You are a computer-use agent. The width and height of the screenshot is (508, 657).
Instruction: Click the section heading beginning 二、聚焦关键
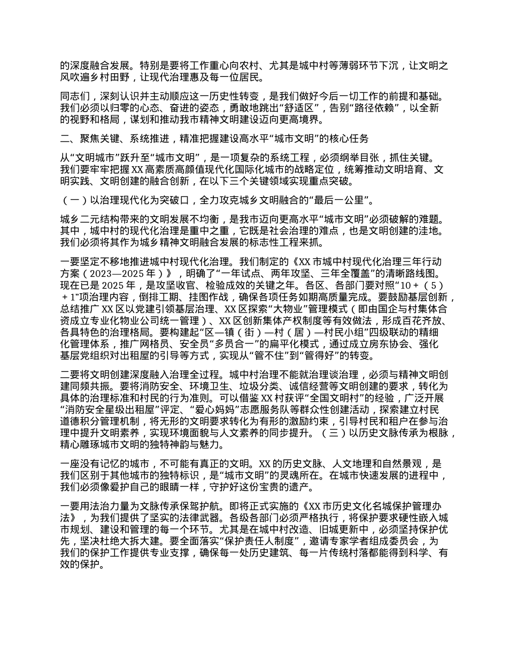214,138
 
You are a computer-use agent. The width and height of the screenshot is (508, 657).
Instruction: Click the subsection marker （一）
74,201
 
